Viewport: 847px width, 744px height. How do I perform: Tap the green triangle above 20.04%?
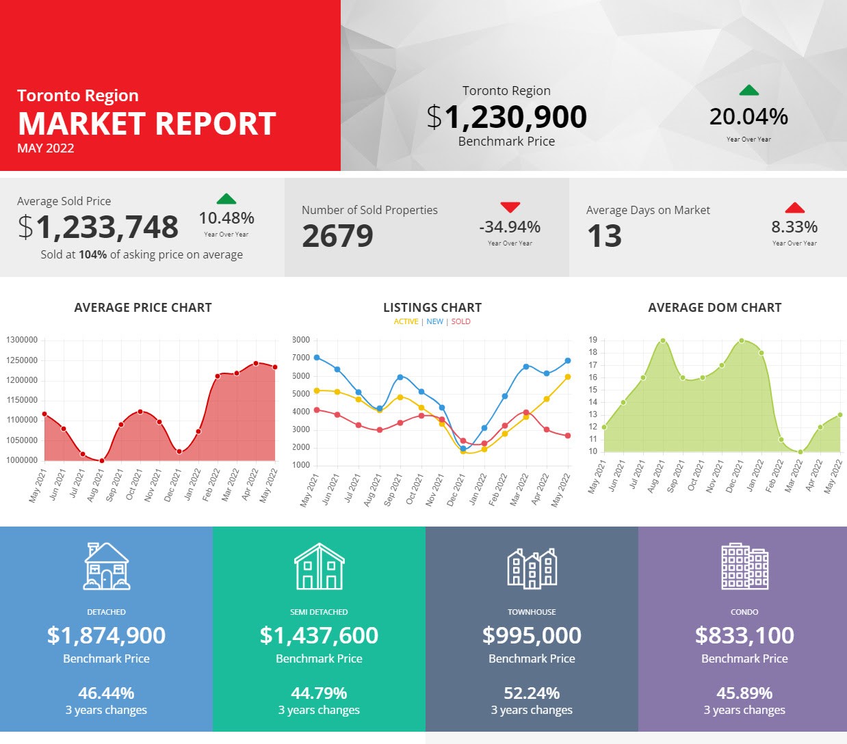click(749, 90)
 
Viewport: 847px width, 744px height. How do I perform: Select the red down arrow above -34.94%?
click(510, 207)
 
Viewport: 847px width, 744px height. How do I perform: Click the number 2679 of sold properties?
click(337, 236)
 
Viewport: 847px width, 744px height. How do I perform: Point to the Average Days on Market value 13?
click(604, 236)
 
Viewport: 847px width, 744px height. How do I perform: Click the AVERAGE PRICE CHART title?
click(143, 308)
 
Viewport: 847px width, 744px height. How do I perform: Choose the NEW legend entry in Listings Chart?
click(435, 321)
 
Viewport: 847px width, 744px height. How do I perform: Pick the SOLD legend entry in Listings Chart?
click(460, 321)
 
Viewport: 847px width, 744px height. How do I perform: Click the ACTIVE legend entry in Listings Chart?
click(406, 321)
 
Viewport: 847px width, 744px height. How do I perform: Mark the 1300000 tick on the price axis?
click(22, 340)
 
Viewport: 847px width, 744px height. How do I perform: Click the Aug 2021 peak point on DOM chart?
click(663, 341)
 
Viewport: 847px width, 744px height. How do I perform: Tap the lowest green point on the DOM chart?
click(800, 452)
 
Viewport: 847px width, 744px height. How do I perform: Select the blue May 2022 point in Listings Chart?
click(568, 361)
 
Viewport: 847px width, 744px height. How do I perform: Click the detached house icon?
click(107, 566)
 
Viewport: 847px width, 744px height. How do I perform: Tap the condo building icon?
click(744, 566)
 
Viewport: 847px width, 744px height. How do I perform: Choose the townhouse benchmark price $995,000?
click(532, 635)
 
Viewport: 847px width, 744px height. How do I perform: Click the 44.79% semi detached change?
click(319, 693)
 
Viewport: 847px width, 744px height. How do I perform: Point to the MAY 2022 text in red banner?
click(46, 148)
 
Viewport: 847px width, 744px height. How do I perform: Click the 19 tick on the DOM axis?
click(592, 340)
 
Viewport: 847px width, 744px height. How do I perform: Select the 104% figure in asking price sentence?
click(93, 254)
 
